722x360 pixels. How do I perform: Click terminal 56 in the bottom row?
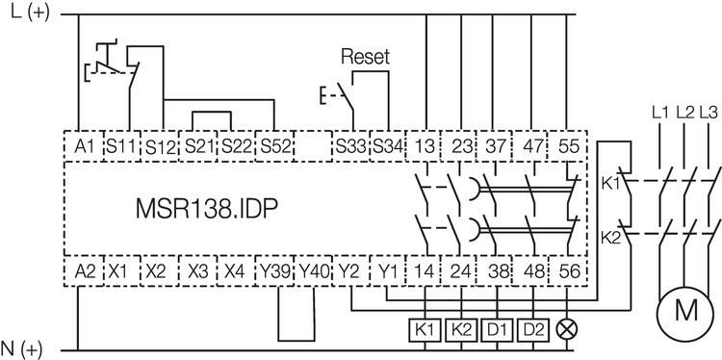point(570,272)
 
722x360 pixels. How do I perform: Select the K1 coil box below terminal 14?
point(425,327)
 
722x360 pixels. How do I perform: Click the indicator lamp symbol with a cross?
point(570,327)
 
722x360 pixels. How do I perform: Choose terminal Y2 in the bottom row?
point(350,272)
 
